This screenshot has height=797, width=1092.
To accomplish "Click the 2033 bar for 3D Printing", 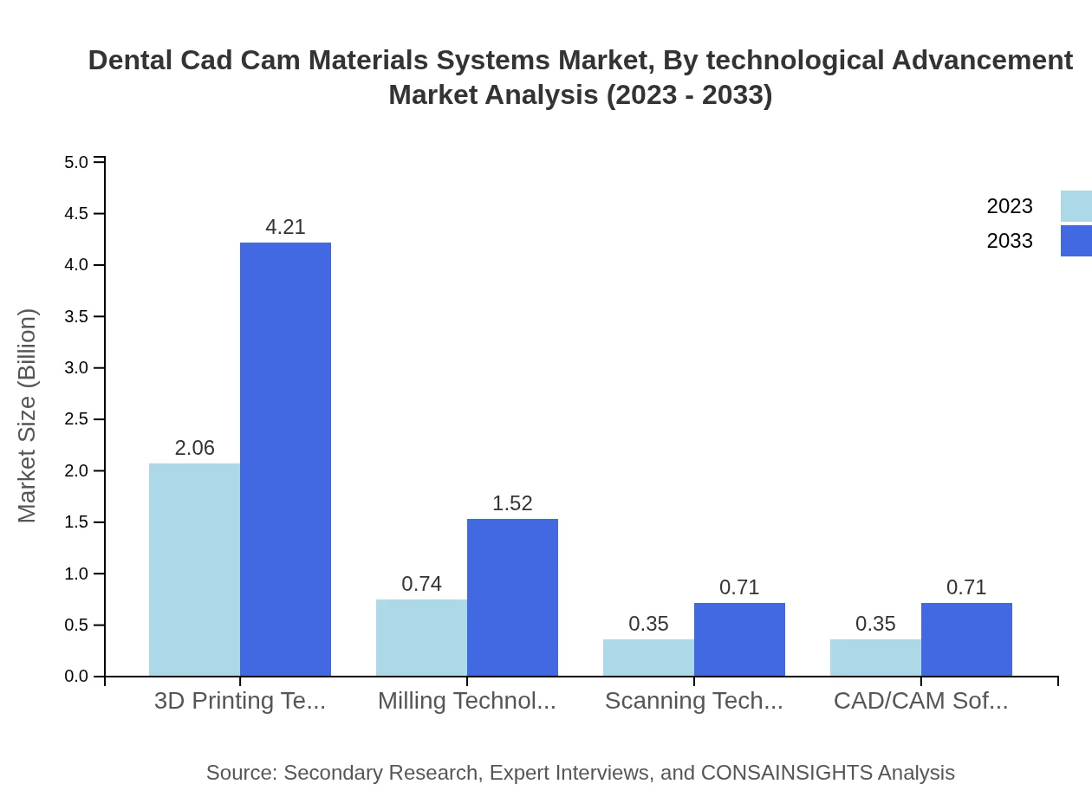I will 285,459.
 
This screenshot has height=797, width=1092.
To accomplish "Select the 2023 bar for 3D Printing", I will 194,569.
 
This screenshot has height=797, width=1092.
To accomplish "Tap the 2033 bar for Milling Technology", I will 512,597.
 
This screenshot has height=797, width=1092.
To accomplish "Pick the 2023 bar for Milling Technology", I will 421,638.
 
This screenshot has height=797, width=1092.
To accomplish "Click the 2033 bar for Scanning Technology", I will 739,639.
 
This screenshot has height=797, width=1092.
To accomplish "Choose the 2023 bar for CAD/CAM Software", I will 875,658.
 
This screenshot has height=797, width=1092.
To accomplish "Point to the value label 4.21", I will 285,227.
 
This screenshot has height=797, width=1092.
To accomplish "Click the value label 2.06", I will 194,448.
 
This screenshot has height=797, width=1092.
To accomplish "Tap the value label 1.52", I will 512,503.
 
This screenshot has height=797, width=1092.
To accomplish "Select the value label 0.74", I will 421,584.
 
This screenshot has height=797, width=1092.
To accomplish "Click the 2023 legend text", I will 1010,206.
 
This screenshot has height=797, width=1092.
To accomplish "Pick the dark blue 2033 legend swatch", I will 1076,241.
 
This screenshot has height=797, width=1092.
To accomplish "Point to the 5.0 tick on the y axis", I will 77,162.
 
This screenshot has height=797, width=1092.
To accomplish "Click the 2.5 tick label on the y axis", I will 77,419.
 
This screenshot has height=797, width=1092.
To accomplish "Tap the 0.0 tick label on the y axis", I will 77,677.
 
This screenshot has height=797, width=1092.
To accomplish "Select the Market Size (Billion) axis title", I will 28,416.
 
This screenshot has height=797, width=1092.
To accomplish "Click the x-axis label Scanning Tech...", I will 693,701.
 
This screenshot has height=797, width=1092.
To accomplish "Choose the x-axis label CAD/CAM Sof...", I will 920,701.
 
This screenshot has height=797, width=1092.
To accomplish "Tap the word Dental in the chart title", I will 131,61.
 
